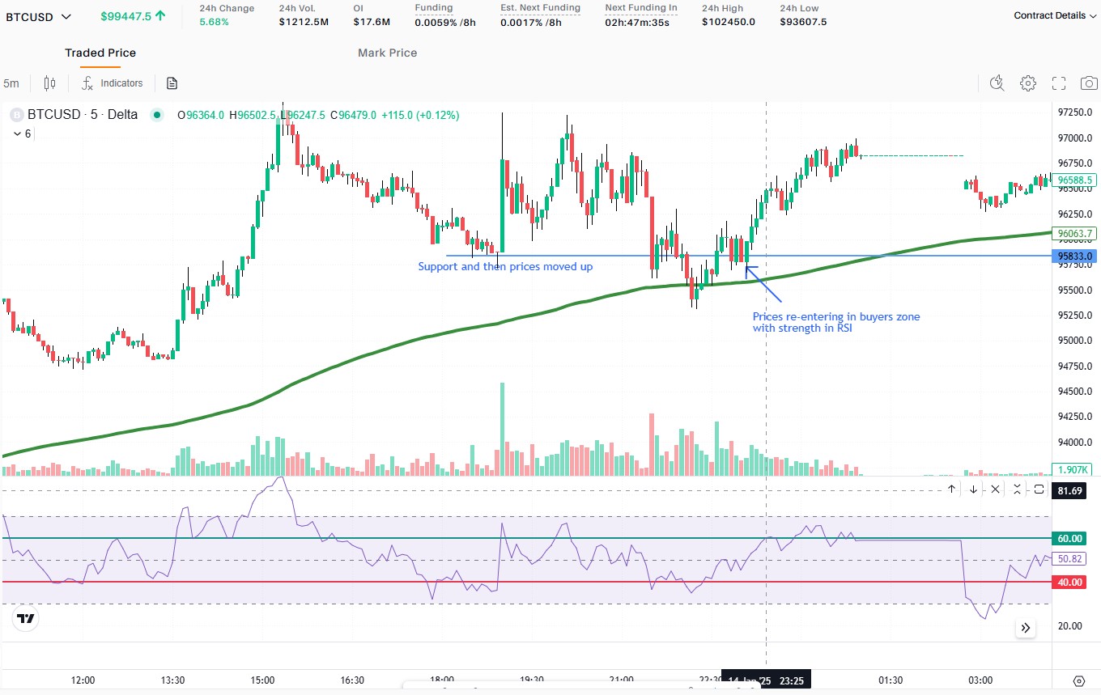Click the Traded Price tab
point(100,53)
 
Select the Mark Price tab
point(387,53)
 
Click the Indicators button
point(113,83)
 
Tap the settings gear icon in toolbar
point(1028,83)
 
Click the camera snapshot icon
point(1089,83)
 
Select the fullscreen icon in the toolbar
point(1059,83)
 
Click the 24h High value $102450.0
point(728,22)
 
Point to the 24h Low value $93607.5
point(803,22)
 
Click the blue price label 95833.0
point(1075,256)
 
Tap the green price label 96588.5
point(1075,180)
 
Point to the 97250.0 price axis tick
point(1075,112)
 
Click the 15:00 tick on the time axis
point(262,680)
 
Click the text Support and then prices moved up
point(505,266)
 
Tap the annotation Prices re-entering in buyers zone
point(836,317)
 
